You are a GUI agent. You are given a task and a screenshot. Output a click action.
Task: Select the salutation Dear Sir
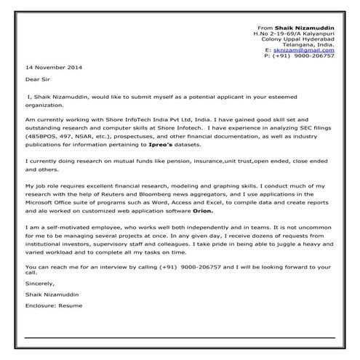(x=37, y=81)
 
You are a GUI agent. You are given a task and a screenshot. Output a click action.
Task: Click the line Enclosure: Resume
(x=53, y=306)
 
